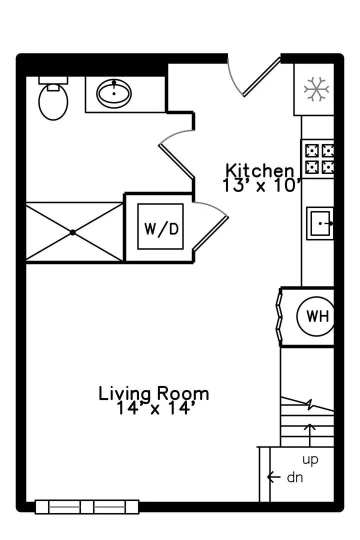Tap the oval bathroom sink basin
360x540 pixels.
coord(114,93)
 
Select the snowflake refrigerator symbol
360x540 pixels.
coord(316,89)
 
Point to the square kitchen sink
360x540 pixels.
coord(320,223)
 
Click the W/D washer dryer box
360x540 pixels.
coord(160,226)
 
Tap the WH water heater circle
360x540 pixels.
coord(315,316)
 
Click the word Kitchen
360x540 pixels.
coord(260,170)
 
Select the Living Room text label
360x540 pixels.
coord(153,394)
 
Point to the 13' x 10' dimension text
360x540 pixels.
coord(262,185)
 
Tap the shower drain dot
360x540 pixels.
coord(72,232)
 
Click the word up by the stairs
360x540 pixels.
coord(310,460)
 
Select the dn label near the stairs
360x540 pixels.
coord(295,477)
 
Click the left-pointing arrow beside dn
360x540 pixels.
coord(273,477)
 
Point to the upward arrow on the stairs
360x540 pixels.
coord(310,435)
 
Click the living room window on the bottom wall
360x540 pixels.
coord(87,507)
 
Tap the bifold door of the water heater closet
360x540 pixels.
coord(279,316)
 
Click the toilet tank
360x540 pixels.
coord(53,80)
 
